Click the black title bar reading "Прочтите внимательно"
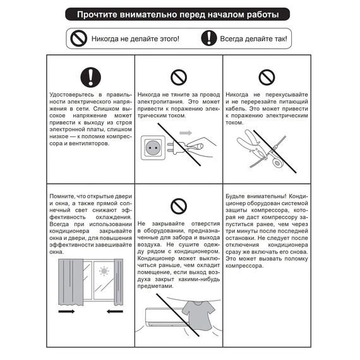179,14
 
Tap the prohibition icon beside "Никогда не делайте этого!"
78,39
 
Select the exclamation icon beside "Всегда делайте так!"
208,39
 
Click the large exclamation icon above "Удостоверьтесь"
91,77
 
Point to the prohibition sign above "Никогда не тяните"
179,77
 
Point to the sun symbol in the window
104,272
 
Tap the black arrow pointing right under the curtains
66,311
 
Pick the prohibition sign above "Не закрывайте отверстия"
179,205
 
